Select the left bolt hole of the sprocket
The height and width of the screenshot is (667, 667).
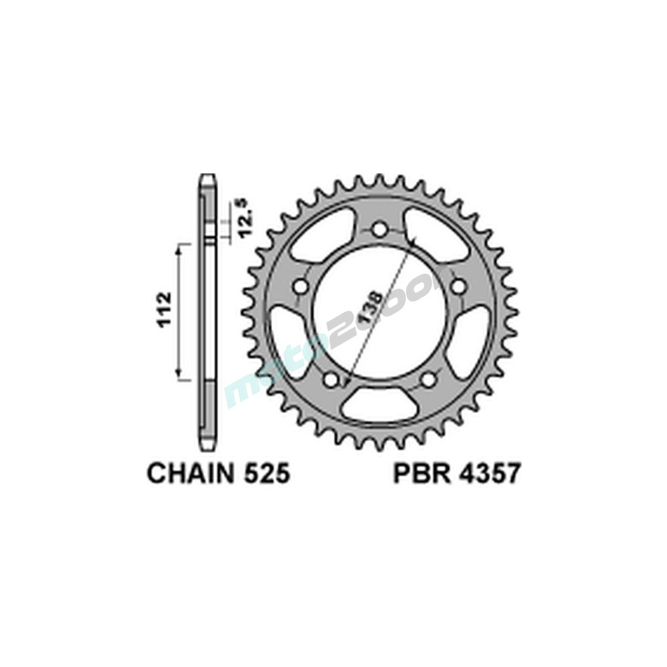pyautogui.click(x=299, y=288)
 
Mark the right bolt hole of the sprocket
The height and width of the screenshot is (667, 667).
pyautogui.click(x=460, y=287)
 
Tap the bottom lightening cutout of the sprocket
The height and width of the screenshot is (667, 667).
pyautogui.click(x=380, y=404)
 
